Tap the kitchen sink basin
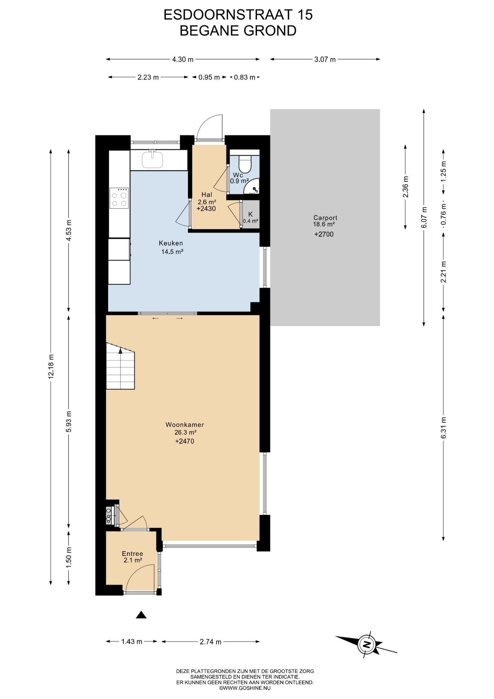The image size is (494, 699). [x=152, y=159]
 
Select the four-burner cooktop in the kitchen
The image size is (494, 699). [x=119, y=198]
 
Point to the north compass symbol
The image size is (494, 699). [x=366, y=644]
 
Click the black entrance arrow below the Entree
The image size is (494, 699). [x=141, y=615]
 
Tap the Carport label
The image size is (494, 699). [x=325, y=218]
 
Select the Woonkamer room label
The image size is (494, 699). [x=185, y=424]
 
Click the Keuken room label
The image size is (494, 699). [x=171, y=243]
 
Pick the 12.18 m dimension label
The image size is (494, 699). [x=51, y=367]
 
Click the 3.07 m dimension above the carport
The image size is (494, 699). [x=325, y=59]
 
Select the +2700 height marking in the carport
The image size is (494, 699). [x=324, y=234]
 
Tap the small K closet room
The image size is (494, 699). [x=251, y=214]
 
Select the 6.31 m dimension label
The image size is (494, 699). [x=444, y=428]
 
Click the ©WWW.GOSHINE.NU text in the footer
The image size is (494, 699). [x=245, y=688]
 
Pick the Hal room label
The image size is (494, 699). [x=206, y=195]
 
